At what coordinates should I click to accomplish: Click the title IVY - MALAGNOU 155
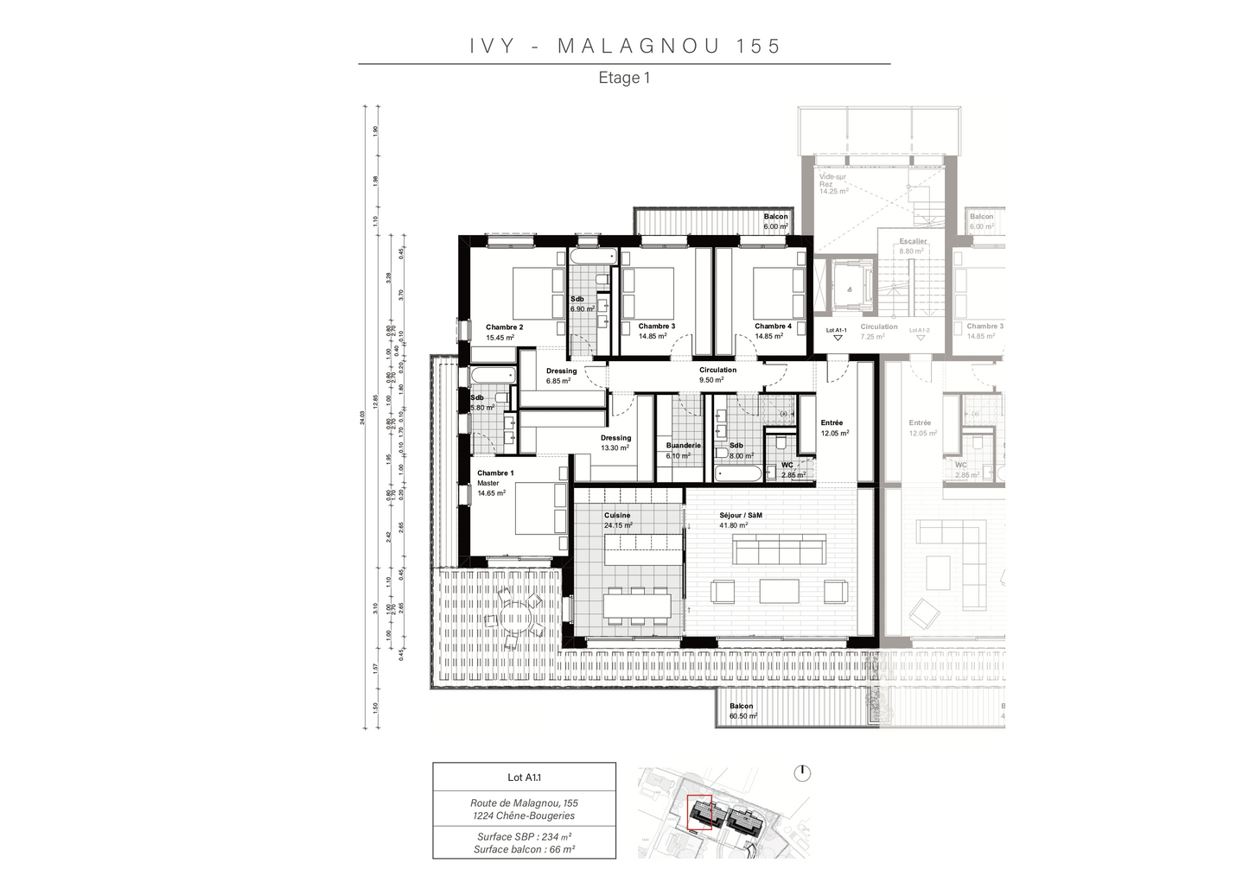tap(625, 46)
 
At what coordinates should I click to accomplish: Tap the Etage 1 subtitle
tap(624, 78)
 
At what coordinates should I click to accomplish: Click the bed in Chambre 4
tap(779, 293)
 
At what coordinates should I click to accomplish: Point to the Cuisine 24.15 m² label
tap(618, 520)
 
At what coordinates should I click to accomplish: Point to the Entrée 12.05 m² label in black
tap(834, 428)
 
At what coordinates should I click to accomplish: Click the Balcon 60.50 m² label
tap(742, 711)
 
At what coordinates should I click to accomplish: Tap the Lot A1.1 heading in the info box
tap(524, 777)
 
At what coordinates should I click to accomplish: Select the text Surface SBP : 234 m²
tap(524, 836)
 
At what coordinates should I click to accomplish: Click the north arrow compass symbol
tap(802, 772)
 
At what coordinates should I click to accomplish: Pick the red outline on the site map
tap(698, 813)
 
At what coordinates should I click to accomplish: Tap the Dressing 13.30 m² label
tap(615, 442)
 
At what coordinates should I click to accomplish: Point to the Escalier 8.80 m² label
tap(913, 246)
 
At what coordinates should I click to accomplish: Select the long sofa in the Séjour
tap(778, 549)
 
